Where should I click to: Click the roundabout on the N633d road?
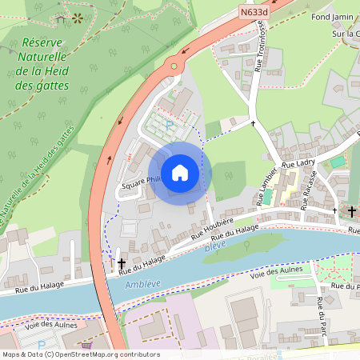click(x=172, y=65)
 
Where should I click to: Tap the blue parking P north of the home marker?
click(x=168, y=125)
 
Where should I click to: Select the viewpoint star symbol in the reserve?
click(x=78, y=16)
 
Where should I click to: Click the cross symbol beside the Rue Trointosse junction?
click(x=253, y=123)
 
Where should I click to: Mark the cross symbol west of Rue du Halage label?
click(x=122, y=262)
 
